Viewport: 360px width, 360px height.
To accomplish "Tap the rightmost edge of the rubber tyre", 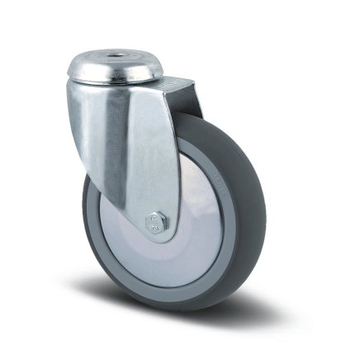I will tap(264, 211).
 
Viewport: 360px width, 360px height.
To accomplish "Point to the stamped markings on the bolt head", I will tap(154, 220).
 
